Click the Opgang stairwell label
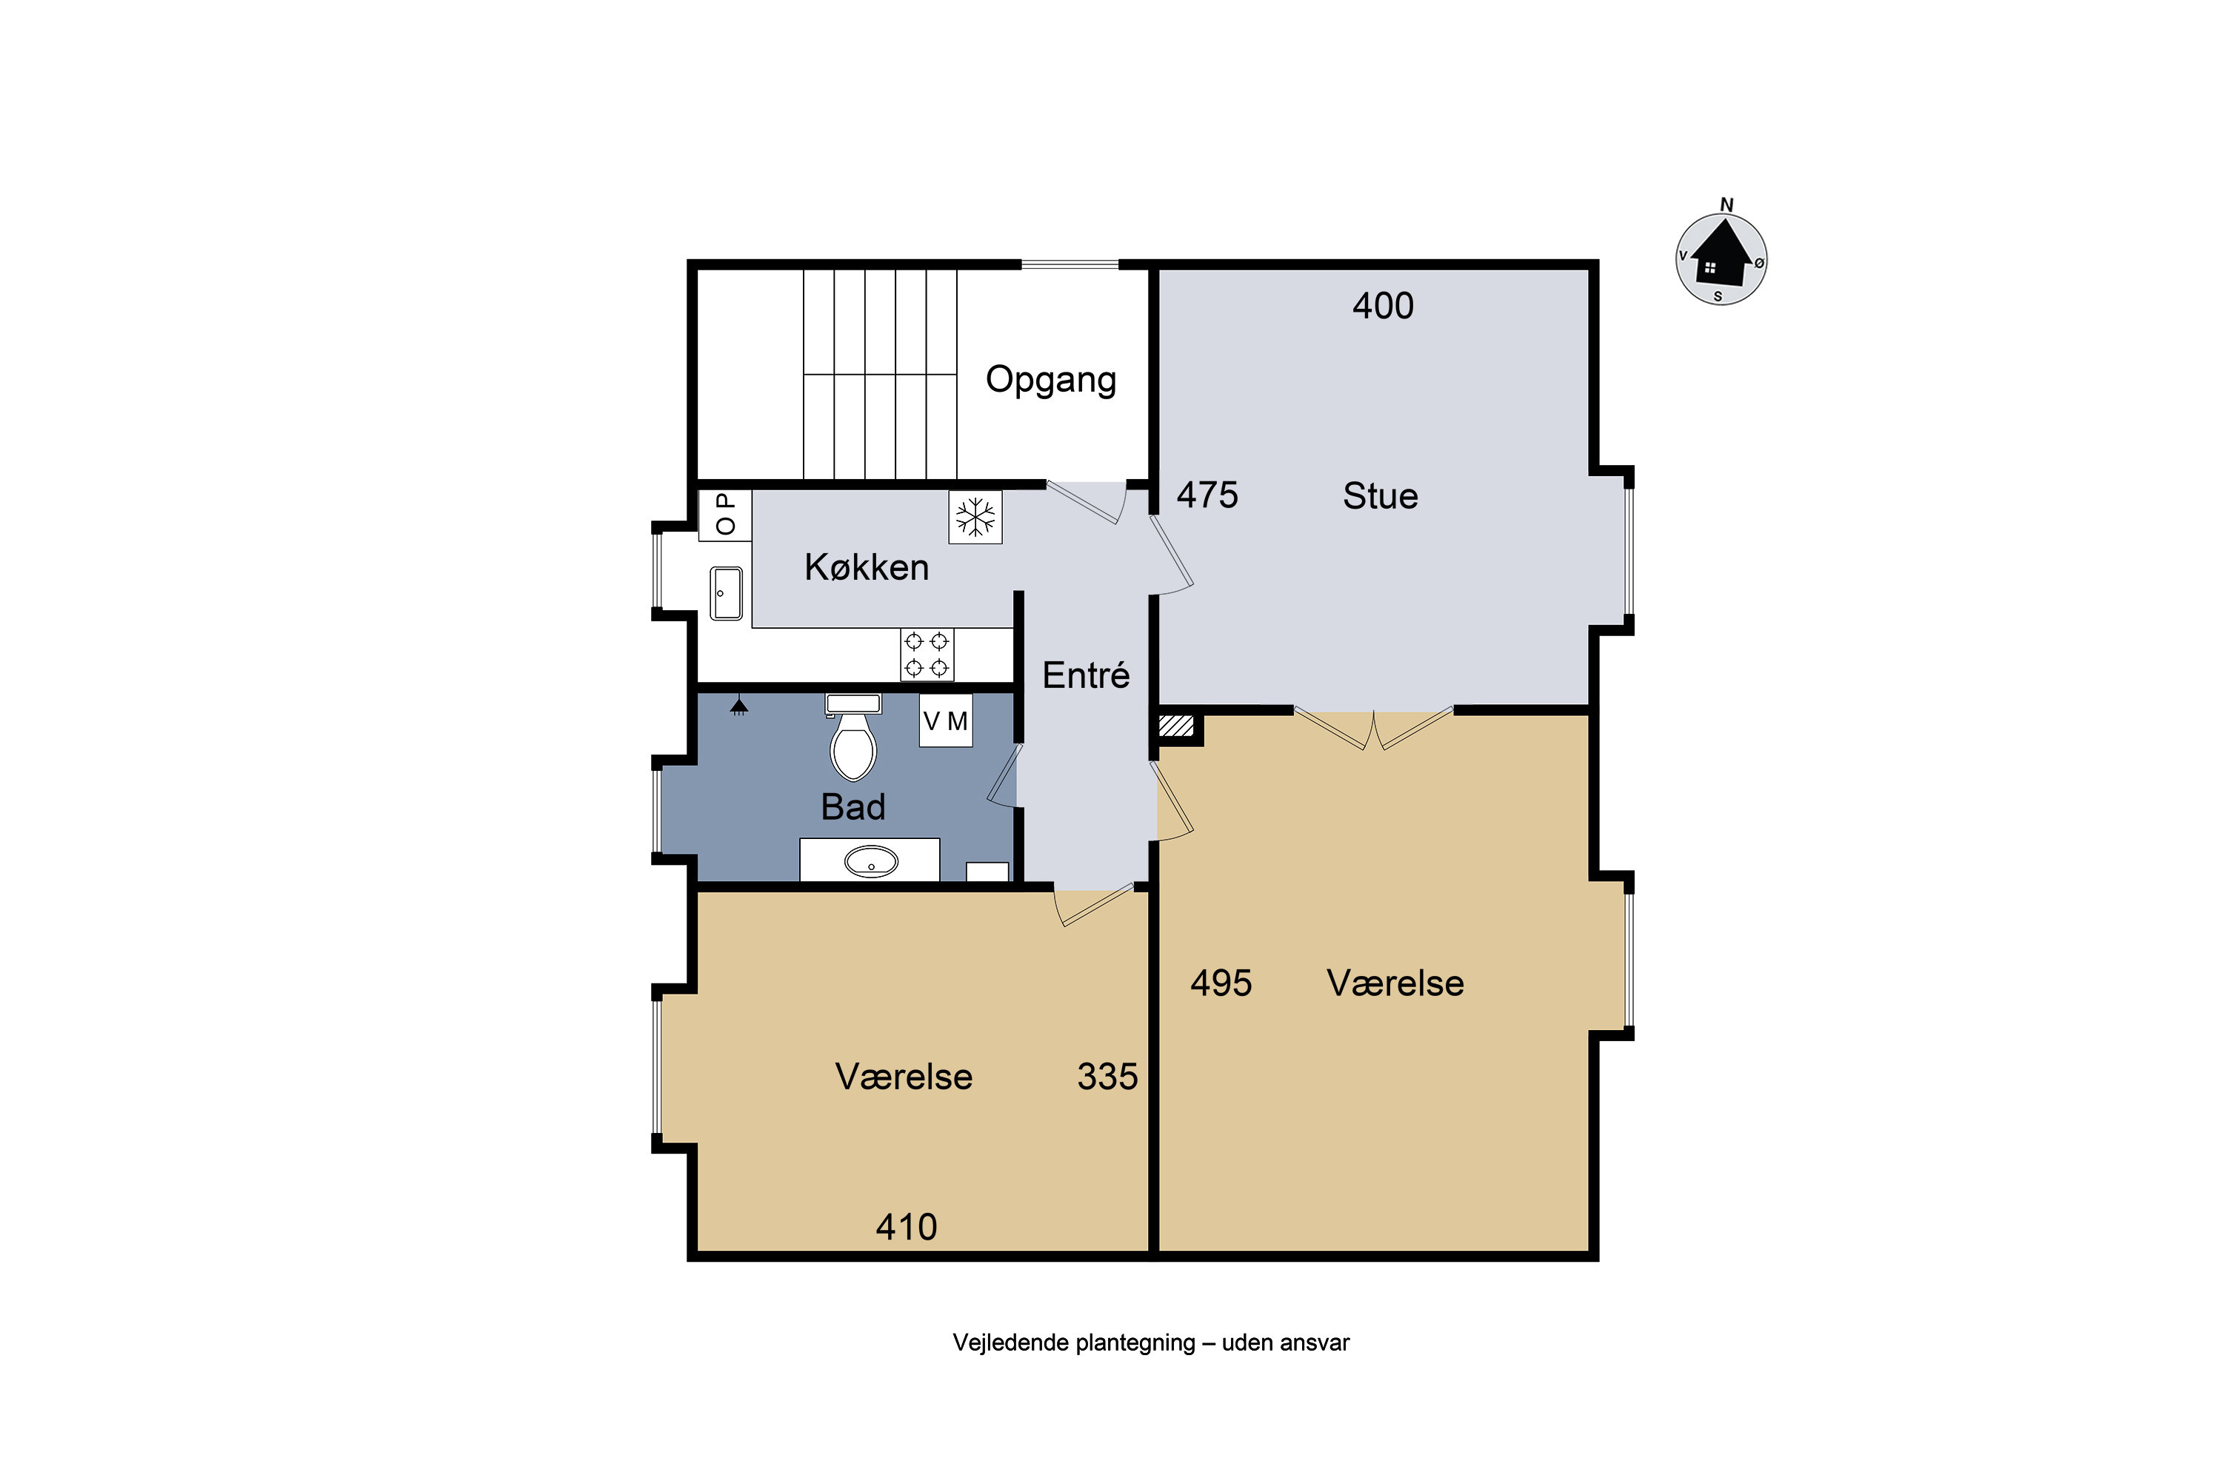[1050, 381]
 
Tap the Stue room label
[1381, 496]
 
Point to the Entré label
[1086, 675]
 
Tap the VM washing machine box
[946, 721]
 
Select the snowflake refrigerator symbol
[975, 517]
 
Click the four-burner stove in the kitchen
[927, 655]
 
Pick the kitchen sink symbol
[726, 593]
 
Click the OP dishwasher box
[724, 515]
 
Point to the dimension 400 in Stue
[1383, 306]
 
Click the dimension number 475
[1207, 495]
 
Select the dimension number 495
[1221, 983]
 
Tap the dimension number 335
[1107, 1077]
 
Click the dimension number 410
[906, 1227]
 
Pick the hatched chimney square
[1176, 726]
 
